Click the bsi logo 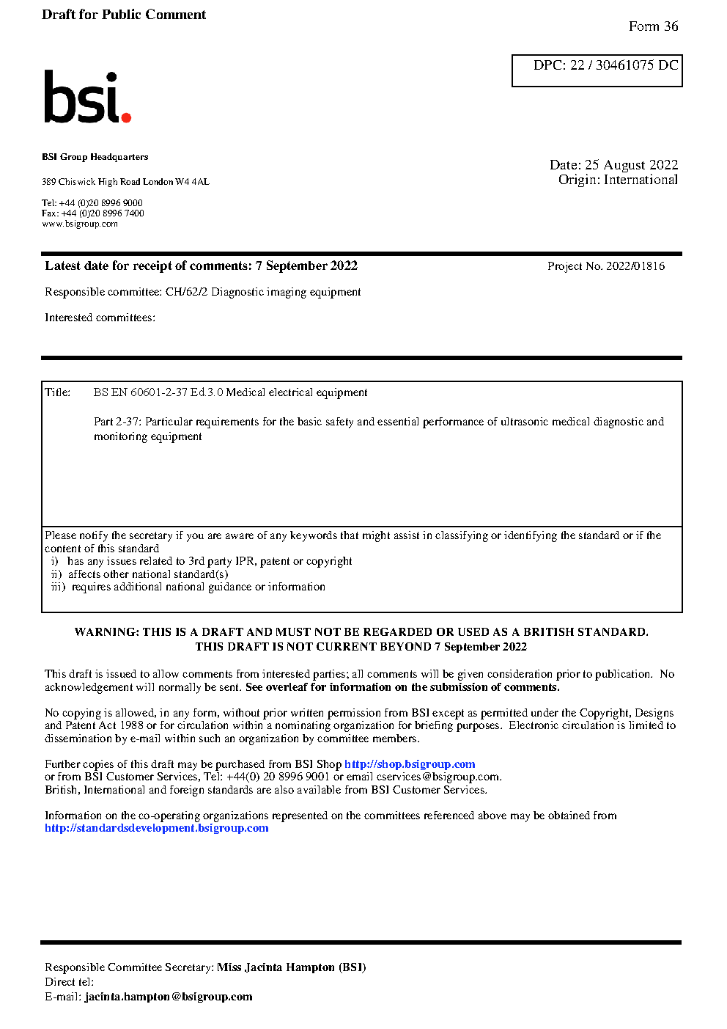pos(86,97)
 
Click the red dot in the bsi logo pos(126,117)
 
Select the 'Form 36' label pos(653,26)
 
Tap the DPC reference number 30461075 pos(624,65)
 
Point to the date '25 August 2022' pos(631,165)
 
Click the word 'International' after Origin pos(641,180)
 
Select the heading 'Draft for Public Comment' pos(124,15)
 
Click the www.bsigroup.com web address pos(80,224)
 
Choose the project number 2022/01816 pos(635,266)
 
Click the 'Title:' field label pos(58,392)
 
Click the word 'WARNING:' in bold pos(107,632)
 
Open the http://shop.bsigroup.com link pos(410,764)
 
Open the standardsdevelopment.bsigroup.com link pos(156,828)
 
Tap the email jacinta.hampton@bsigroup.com pos(169,997)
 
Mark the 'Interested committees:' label pos(100,318)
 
